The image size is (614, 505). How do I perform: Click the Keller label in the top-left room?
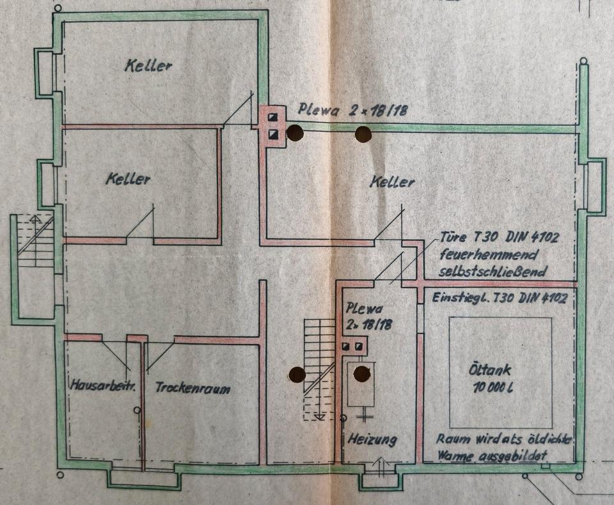pos(148,65)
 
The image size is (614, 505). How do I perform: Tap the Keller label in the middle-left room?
pos(128,179)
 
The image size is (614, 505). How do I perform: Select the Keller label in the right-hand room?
pos(391,182)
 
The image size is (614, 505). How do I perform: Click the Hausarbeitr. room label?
pos(102,386)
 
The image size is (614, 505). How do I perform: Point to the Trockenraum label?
pos(193,388)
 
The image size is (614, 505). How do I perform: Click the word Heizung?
pos(372,440)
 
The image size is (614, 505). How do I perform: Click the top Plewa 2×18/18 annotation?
pos(352,111)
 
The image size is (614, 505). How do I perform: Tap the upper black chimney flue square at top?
pos(273,118)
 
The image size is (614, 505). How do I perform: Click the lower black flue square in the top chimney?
pos(273,134)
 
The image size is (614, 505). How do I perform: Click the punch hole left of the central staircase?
pos(296,375)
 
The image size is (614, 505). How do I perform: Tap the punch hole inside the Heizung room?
pos(362,373)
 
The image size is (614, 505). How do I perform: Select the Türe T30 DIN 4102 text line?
pos(500,238)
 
